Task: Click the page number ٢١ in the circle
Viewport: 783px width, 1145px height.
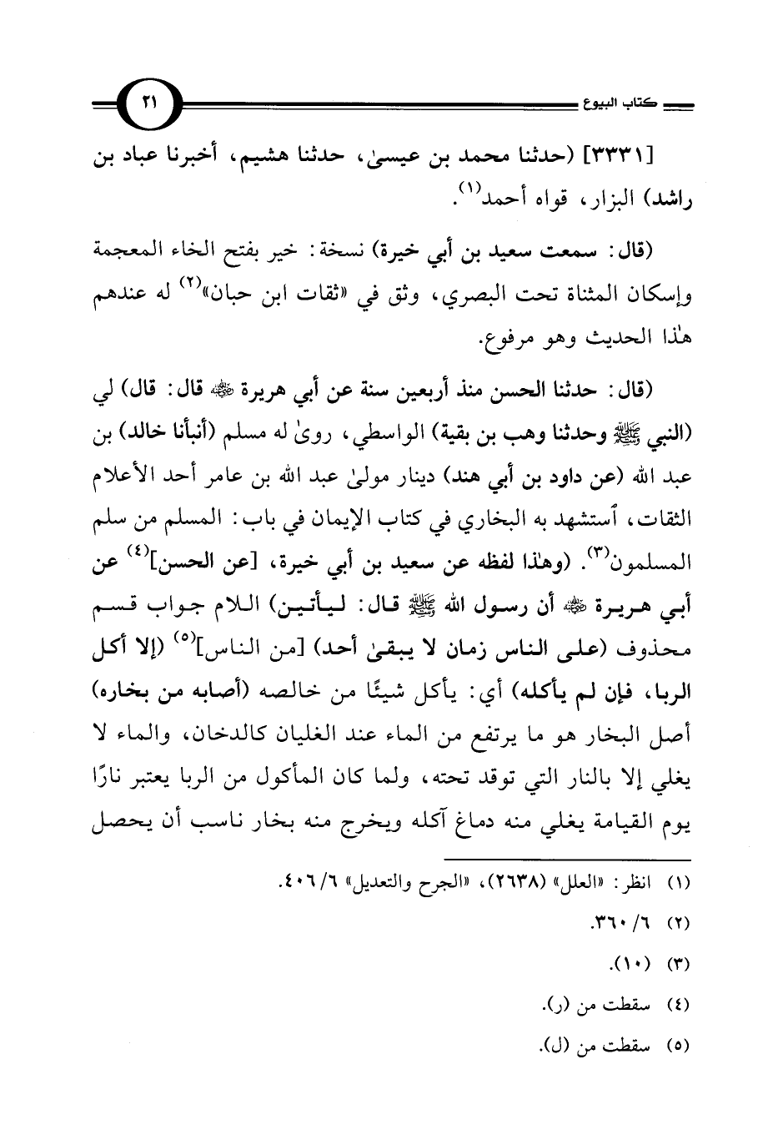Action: pos(148,103)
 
